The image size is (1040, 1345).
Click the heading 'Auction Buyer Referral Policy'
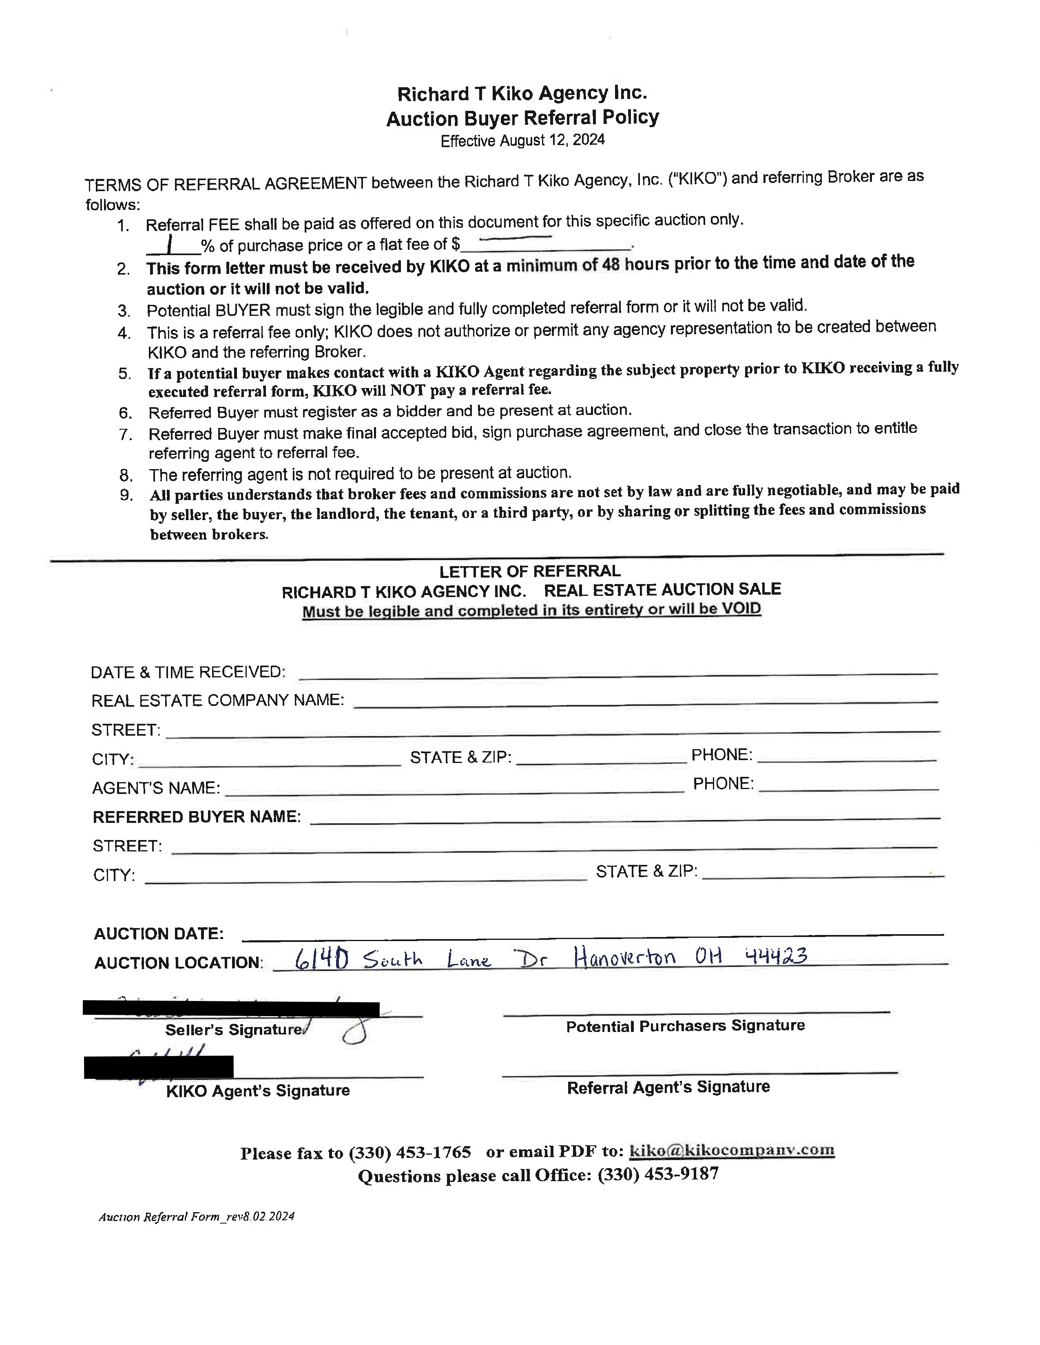point(522,118)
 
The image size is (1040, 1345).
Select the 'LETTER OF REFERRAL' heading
point(529,571)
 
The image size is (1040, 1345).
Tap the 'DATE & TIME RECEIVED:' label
point(188,672)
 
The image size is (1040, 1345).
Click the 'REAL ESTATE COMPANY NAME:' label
point(217,700)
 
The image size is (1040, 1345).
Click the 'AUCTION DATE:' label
point(158,934)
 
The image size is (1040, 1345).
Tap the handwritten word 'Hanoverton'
point(624,958)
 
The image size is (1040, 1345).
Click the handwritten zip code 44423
point(776,956)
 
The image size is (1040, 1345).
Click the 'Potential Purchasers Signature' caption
point(685,1026)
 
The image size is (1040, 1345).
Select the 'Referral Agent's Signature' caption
point(668,1087)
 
